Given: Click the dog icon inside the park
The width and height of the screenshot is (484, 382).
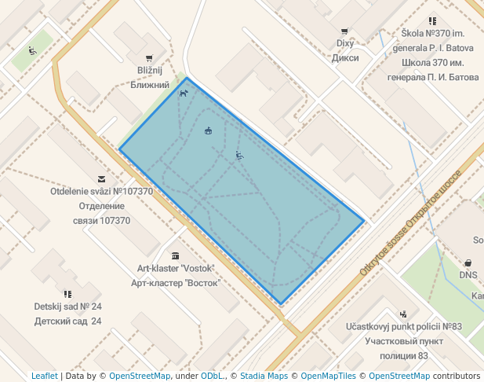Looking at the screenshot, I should point(184,94).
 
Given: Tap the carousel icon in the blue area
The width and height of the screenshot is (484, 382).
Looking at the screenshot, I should point(208,130).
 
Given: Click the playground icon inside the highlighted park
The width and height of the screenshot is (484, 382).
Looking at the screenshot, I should point(239,156).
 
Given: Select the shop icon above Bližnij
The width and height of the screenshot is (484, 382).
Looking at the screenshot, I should point(149,58).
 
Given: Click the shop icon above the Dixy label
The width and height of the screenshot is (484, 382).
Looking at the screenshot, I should point(344,31).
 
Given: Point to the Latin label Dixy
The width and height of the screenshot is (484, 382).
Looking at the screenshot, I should point(346,44).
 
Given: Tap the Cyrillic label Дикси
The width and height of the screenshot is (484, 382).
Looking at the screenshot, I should point(346,57).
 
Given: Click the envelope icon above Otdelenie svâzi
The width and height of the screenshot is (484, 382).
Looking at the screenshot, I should point(101,179).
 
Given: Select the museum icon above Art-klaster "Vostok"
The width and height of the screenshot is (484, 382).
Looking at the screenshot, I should point(174,255).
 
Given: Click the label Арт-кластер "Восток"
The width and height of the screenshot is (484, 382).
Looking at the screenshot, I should point(173,282).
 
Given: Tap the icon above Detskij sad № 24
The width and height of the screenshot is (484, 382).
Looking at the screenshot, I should point(68,294).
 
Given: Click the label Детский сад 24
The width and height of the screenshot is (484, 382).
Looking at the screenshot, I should point(68,321).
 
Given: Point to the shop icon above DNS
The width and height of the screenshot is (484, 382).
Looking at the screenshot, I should point(468,263).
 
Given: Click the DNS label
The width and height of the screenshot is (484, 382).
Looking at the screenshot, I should point(468,275).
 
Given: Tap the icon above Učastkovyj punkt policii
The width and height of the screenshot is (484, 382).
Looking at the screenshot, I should point(403,313).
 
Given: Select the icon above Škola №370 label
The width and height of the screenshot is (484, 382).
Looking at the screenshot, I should point(432,21).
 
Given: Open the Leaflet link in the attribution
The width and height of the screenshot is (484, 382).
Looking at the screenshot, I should point(45,376).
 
